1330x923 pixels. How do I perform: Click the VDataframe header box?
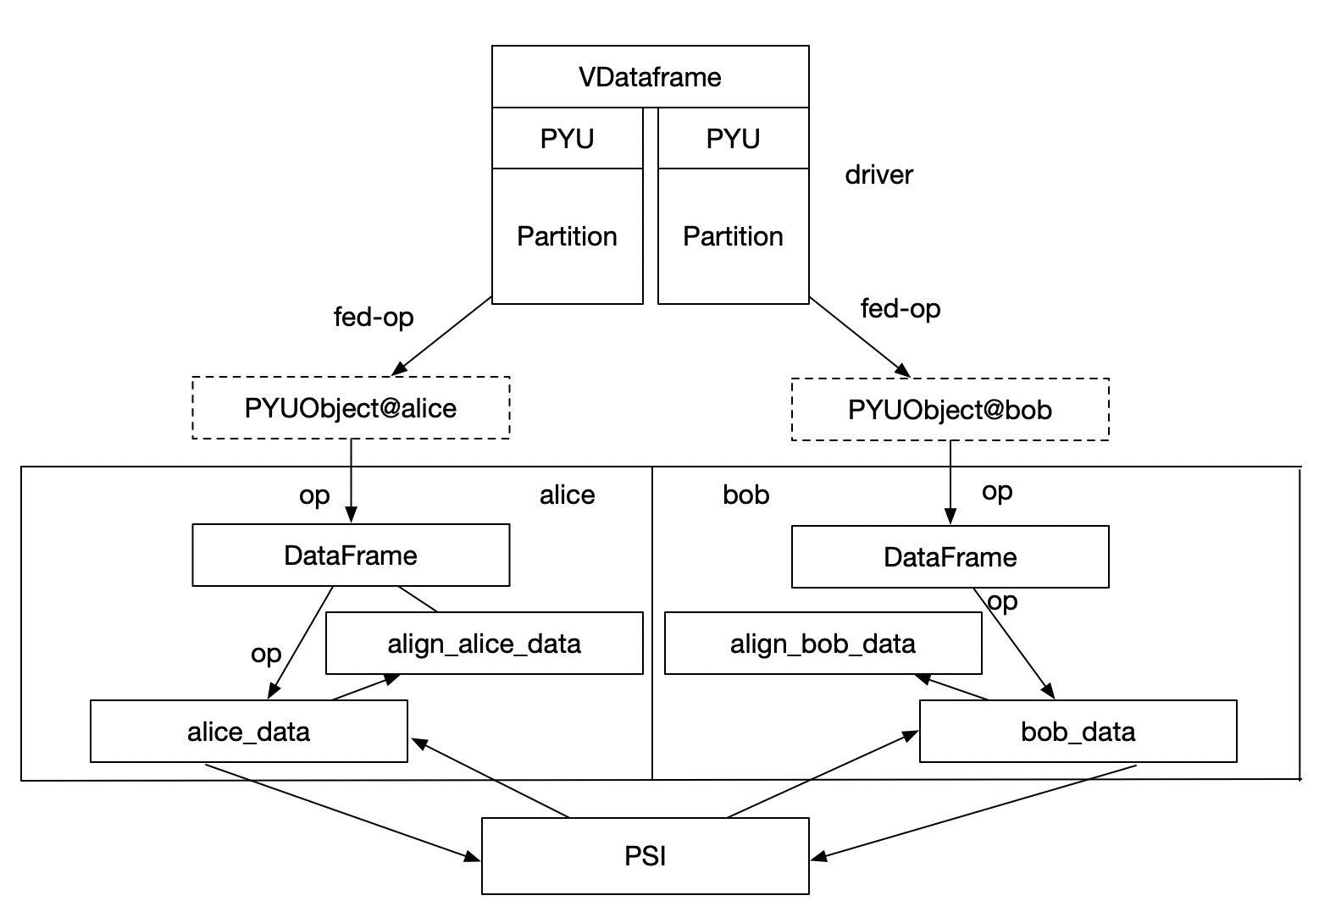point(650,77)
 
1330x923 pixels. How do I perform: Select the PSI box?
point(645,856)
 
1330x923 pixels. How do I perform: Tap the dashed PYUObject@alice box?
point(351,408)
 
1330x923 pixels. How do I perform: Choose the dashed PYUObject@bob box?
point(950,410)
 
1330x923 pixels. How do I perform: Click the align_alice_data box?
point(484,644)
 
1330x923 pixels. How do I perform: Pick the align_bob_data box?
point(823,644)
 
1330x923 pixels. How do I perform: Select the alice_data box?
point(248,731)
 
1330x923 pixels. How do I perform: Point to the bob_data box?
point(1078,731)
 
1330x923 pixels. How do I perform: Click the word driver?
point(878,175)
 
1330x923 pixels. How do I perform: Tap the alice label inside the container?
point(567,495)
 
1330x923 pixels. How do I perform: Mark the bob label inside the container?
point(745,495)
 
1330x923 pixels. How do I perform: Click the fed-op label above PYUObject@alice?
point(374,317)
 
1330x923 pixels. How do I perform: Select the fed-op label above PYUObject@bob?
point(901,308)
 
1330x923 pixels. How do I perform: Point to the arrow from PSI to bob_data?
point(822,776)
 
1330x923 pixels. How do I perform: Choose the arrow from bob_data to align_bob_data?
point(952,688)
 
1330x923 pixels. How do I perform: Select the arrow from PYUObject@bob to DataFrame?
point(950,483)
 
